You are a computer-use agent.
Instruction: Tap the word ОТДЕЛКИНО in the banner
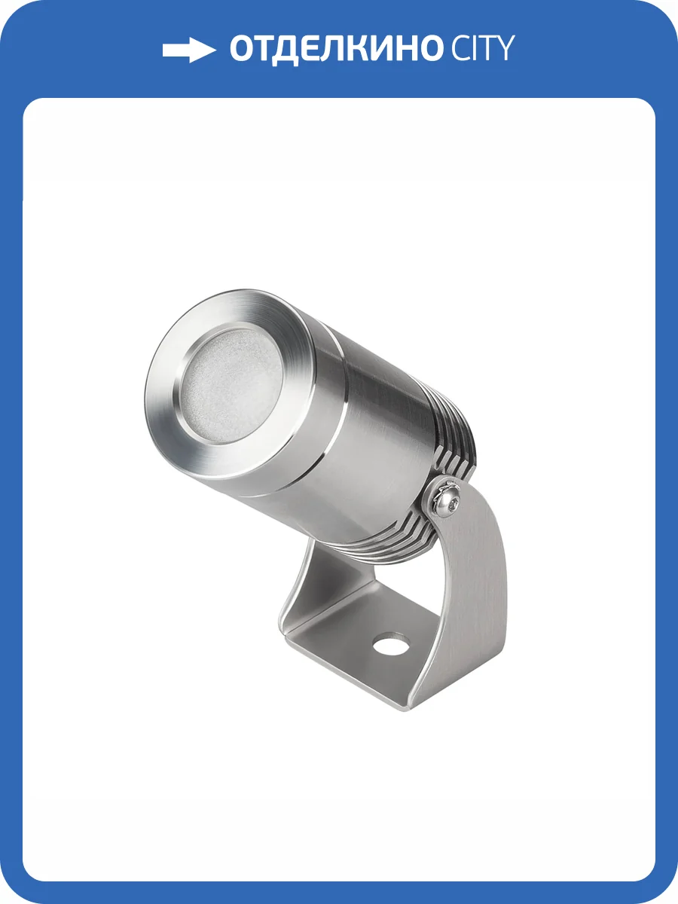click(x=334, y=50)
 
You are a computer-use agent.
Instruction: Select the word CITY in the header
click(x=482, y=50)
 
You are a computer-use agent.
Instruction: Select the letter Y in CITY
click(x=504, y=50)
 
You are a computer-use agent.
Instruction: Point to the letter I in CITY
click(x=475, y=50)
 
